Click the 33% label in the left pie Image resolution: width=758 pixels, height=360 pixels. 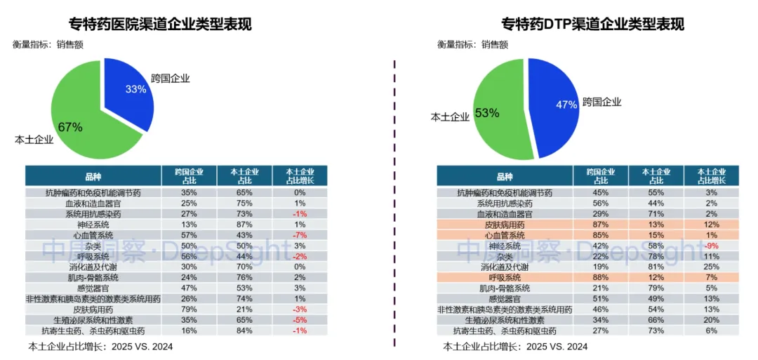pos(135,89)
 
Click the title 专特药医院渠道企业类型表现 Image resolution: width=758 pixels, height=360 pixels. pos(160,25)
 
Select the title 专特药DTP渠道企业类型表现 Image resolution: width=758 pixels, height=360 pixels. pos(592,25)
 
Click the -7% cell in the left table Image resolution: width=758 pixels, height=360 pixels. pos(300,234)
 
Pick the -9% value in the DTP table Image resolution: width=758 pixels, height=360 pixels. pos(712,246)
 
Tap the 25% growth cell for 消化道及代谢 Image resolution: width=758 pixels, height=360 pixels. pos(712,267)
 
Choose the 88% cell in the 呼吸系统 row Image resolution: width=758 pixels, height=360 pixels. pos(601,277)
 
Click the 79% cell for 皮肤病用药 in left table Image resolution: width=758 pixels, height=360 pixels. pos(189,309)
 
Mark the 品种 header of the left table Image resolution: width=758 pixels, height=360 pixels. pos(93,175)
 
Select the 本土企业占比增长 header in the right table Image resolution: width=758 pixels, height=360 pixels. pos(712,176)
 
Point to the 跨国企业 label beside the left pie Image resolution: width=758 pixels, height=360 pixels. pos(171,78)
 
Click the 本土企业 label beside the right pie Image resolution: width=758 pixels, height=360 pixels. pos(450,117)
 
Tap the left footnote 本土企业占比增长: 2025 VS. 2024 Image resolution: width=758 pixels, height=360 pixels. pos(100,347)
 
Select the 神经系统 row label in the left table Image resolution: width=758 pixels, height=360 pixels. pos(93,224)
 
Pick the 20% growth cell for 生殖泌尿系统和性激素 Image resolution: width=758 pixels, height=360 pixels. pos(712,320)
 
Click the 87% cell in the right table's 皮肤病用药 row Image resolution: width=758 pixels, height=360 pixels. pos(601,225)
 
